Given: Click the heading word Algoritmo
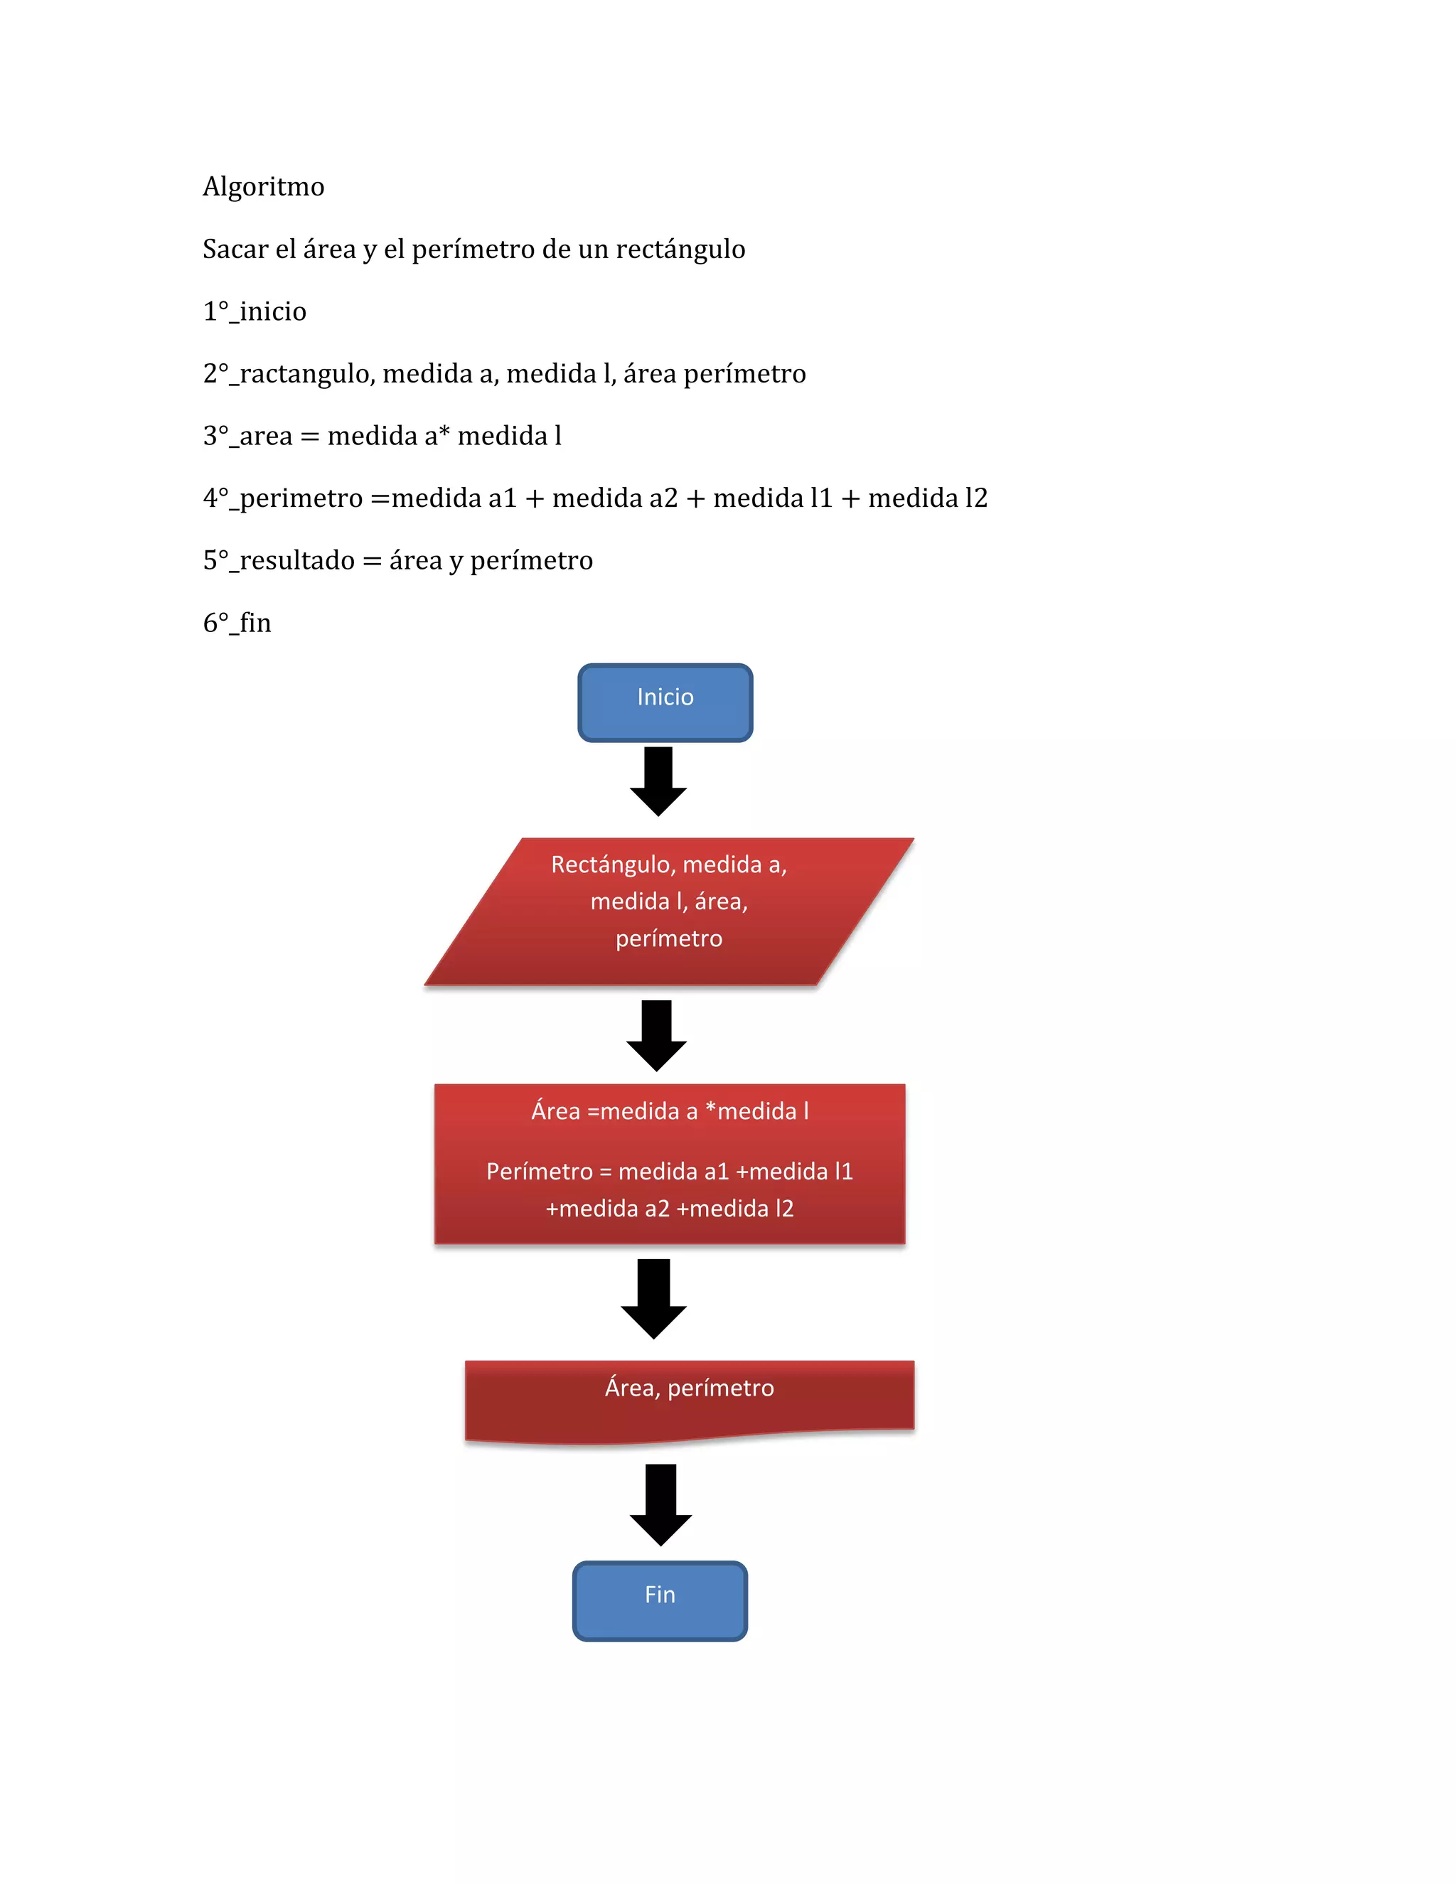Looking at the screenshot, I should [x=263, y=187].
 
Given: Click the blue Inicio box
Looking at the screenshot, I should [x=665, y=702].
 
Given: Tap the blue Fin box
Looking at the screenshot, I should [x=660, y=1600].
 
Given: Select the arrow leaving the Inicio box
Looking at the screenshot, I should [x=658, y=781].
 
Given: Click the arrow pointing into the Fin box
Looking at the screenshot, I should [x=660, y=1504].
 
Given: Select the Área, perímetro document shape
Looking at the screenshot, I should [x=689, y=1398].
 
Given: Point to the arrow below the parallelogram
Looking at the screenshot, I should [x=656, y=1035].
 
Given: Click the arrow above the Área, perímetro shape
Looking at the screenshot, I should [x=654, y=1298].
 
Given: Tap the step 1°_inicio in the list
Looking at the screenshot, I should [x=255, y=311].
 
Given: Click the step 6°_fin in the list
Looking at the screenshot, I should [x=237, y=623].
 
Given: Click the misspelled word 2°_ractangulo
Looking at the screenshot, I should [x=289, y=373].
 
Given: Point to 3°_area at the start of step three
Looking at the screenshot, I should [x=247, y=437].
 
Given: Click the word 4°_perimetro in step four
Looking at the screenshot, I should [x=283, y=498].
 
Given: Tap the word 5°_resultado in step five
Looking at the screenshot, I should [x=279, y=561].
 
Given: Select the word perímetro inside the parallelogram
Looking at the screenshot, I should [x=669, y=938].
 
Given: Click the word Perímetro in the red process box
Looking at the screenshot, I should [x=539, y=1172].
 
